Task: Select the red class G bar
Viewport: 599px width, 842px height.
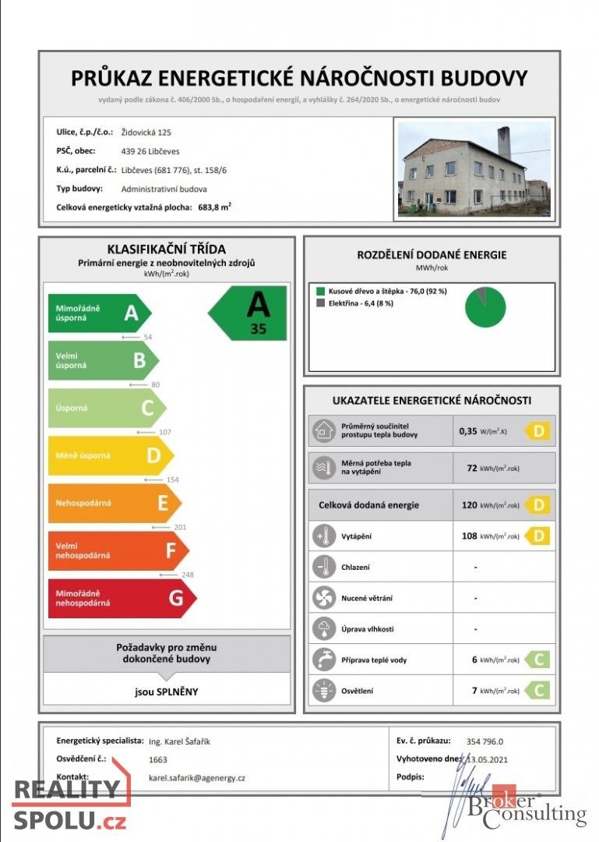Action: (121, 598)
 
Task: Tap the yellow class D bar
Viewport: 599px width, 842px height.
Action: (109, 455)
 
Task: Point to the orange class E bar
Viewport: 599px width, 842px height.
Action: (114, 503)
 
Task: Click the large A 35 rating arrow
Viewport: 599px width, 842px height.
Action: (249, 313)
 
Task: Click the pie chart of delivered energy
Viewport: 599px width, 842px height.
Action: (485, 307)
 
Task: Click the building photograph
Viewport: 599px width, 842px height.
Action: (474, 168)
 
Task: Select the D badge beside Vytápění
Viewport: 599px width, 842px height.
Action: (537, 536)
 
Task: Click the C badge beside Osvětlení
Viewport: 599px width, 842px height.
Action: (537, 690)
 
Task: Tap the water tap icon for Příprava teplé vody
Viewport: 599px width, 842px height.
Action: (322, 660)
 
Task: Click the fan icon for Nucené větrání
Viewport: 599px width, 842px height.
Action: (322, 598)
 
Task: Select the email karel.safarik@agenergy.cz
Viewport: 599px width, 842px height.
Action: (196, 777)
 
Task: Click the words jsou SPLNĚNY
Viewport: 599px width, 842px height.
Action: (166, 691)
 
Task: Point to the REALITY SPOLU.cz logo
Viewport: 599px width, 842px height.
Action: (69, 804)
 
